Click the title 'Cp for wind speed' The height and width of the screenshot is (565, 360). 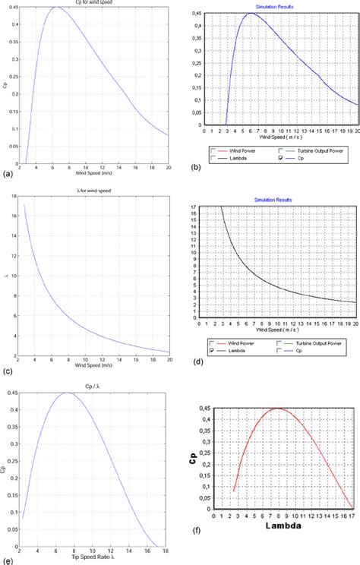[97, 2]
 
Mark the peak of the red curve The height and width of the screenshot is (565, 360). [277, 409]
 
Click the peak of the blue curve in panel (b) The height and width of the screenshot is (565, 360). [251, 13]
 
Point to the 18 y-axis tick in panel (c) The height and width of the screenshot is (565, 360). [17, 196]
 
